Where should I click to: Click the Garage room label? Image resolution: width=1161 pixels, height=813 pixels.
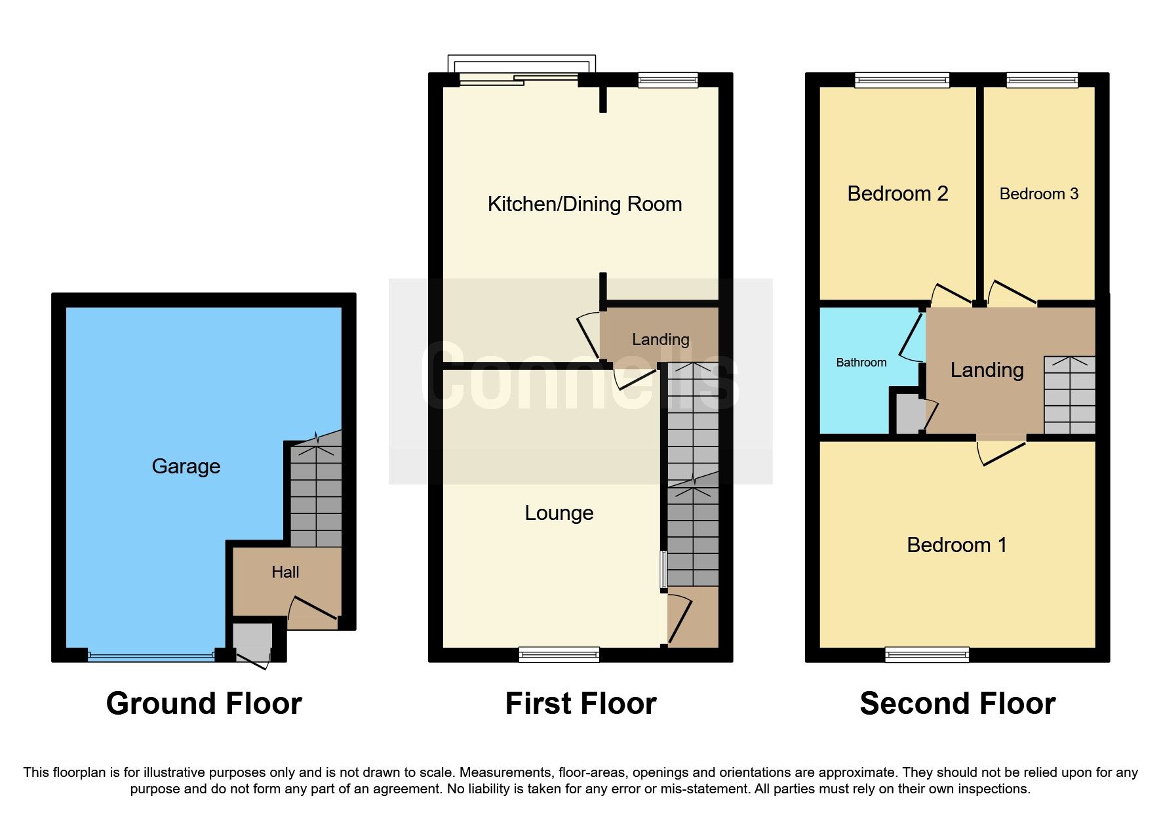(x=186, y=466)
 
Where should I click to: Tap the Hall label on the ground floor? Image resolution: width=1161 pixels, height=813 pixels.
(x=285, y=572)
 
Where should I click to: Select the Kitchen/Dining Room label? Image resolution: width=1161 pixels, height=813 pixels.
(x=584, y=204)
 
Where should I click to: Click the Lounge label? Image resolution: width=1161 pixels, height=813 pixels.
(x=559, y=513)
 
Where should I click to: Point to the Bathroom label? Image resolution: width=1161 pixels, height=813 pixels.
(x=861, y=363)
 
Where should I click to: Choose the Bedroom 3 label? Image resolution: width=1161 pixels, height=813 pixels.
(x=1038, y=194)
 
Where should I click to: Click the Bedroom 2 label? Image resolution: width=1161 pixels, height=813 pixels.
(x=897, y=194)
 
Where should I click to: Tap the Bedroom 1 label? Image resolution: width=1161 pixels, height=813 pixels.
(x=956, y=545)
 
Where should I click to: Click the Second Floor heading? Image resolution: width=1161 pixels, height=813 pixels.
(x=957, y=704)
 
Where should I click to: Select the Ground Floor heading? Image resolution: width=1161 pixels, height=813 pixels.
(x=204, y=704)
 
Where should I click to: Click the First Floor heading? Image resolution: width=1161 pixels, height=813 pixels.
(x=580, y=704)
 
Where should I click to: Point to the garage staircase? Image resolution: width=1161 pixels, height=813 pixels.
(x=316, y=495)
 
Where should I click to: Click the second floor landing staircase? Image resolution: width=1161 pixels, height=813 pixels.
(x=1069, y=395)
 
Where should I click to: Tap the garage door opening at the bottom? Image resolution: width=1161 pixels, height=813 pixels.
(x=151, y=655)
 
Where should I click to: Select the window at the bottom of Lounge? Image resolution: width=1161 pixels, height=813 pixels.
(x=559, y=654)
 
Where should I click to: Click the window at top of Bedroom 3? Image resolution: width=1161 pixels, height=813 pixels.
(x=1042, y=80)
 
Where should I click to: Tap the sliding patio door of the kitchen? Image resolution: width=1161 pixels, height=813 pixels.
(x=518, y=79)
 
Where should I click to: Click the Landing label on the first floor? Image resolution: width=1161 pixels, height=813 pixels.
(x=660, y=340)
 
